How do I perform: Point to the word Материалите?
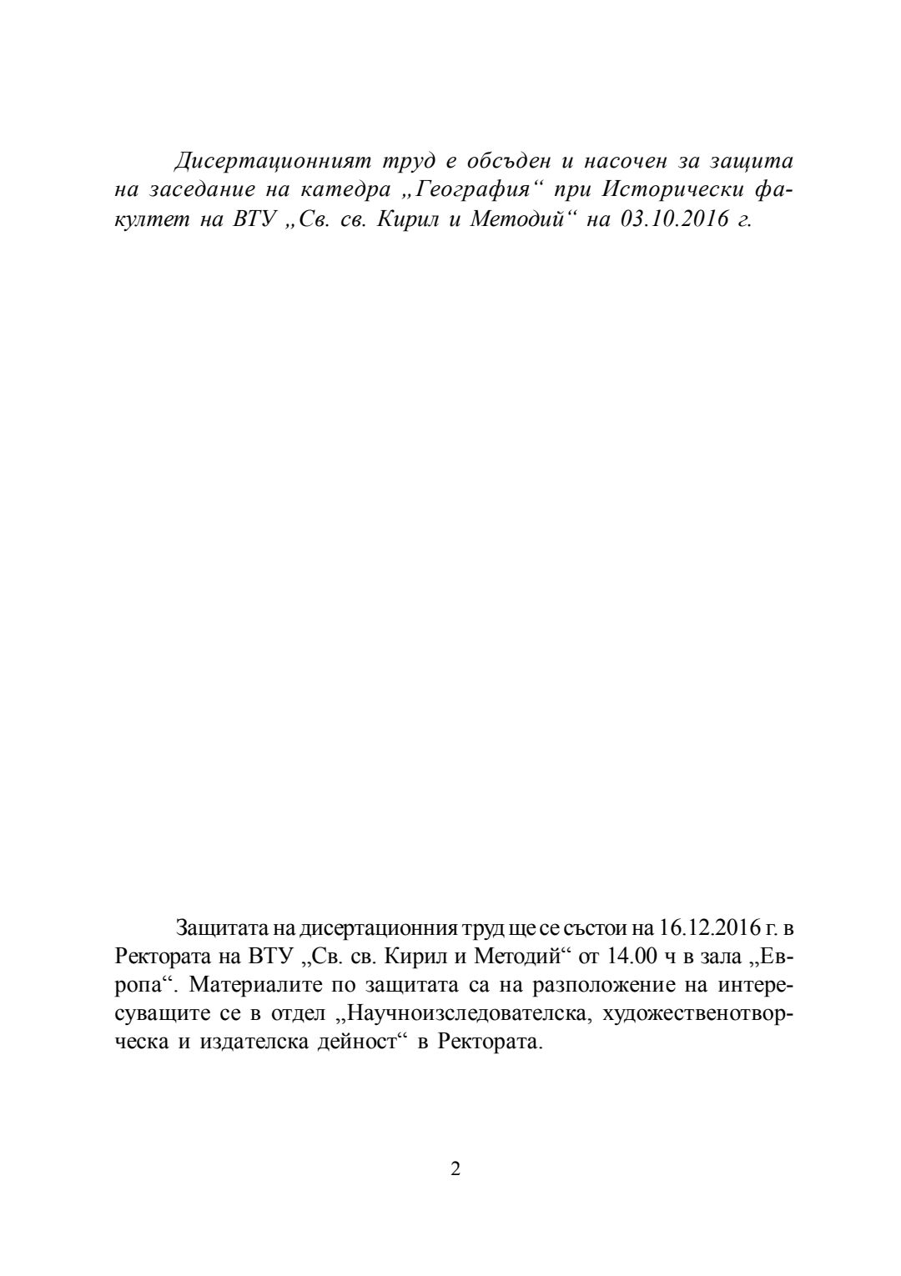pos(254,985)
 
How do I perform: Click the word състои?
pos(596,927)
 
